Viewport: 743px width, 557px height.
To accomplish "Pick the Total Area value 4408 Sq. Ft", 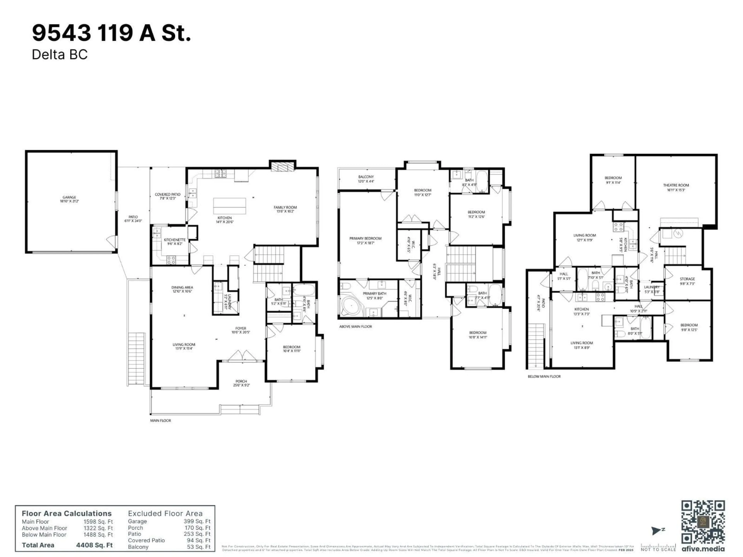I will [x=94, y=545].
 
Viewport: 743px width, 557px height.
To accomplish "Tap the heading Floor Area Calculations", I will [x=67, y=514].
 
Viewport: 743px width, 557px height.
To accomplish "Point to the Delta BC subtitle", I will [x=59, y=54].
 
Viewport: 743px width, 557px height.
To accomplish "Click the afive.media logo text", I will [x=703, y=549].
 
